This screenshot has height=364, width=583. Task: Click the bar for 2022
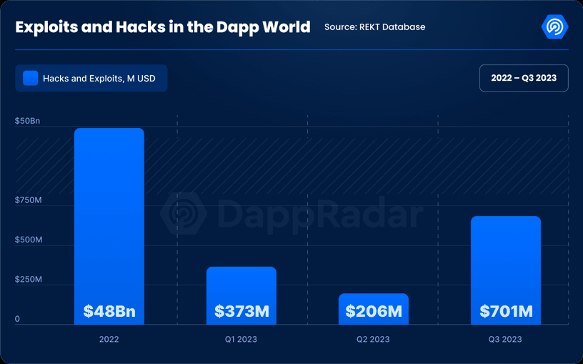pyautogui.click(x=109, y=215)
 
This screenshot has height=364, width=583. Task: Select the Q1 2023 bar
pyautogui.click(x=241, y=286)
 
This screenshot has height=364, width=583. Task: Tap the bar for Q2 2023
pyautogui.click(x=373, y=300)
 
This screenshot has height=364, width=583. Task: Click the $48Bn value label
pyautogui.click(x=109, y=312)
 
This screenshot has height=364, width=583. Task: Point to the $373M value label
pyautogui.click(x=241, y=312)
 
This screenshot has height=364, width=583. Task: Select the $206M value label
pyautogui.click(x=373, y=312)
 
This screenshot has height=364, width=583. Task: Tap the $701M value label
pyautogui.click(x=505, y=312)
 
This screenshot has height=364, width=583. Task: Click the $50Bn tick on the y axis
pyautogui.click(x=28, y=122)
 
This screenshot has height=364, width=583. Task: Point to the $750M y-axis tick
pyautogui.click(x=29, y=200)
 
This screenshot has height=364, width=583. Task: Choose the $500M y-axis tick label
pyautogui.click(x=29, y=240)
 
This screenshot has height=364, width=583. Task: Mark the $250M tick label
pyautogui.click(x=29, y=279)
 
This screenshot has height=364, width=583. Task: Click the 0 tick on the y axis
pyautogui.click(x=18, y=319)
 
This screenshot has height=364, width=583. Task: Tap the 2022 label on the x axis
pyautogui.click(x=109, y=339)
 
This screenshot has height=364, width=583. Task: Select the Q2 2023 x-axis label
pyautogui.click(x=373, y=339)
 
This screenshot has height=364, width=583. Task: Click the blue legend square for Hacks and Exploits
pyautogui.click(x=30, y=78)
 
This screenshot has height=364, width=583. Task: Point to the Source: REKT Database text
pyautogui.click(x=374, y=27)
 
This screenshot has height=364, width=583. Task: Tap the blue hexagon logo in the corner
pyautogui.click(x=554, y=27)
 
